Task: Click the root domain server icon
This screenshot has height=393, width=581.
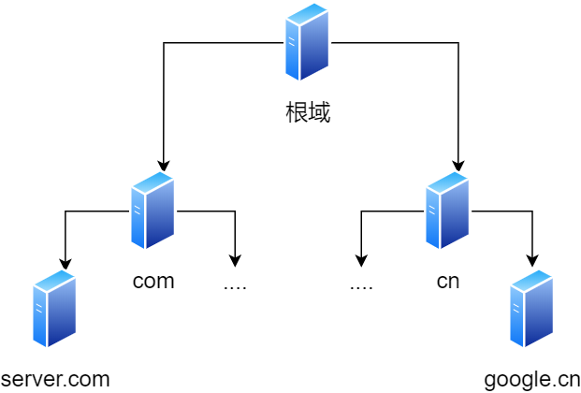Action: (307, 42)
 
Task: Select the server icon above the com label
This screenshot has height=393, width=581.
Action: (153, 211)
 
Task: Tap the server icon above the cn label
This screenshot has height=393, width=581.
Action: (447, 211)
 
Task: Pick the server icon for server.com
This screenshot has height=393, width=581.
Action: (54, 309)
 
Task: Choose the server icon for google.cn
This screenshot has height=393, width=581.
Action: (531, 309)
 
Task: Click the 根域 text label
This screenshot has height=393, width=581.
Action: (308, 113)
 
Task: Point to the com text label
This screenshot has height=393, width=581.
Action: (153, 281)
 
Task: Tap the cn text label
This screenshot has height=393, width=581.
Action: (448, 281)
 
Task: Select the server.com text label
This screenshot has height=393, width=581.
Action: (55, 379)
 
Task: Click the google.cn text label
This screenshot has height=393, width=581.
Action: (532, 379)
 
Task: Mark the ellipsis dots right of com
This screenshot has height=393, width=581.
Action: (235, 284)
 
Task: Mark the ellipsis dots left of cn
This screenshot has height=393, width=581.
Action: (361, 284)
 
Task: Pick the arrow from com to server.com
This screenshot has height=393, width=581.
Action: (65, 239)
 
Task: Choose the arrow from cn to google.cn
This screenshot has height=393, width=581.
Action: (532, 239)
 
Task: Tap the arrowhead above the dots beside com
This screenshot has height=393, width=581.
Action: (235, 261)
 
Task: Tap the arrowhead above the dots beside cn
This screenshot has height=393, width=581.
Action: (361, 261)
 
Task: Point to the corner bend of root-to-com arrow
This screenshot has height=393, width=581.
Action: (164, 42)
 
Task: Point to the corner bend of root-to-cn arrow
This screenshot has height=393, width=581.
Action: (458, 42)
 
